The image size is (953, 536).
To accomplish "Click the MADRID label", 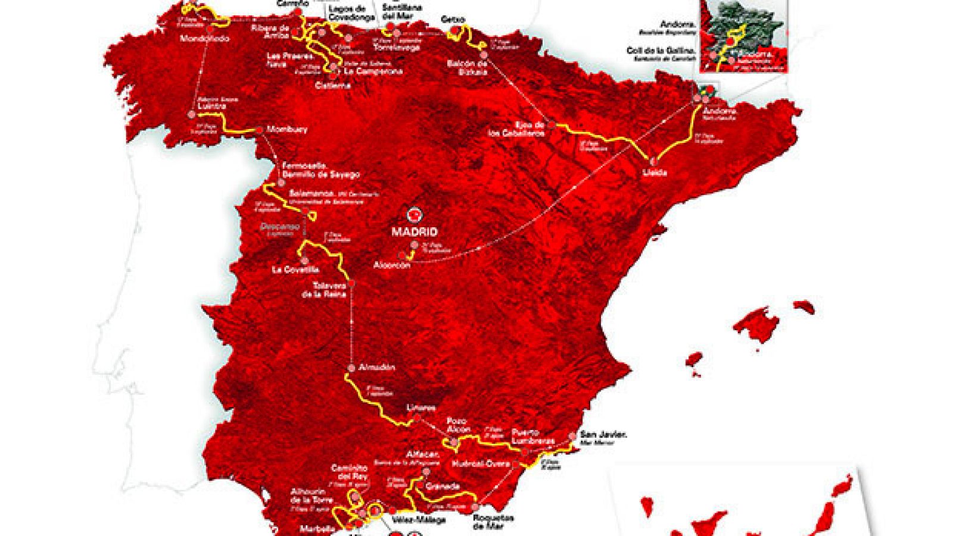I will pyautogui.click(x=415, y=232).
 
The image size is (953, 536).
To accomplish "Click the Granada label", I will pyautogui.click(x=443, y=487).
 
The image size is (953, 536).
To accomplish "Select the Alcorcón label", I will pyautogui.click(x=392, y=266).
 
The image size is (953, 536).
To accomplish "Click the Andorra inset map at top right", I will pyautogui.click(x=745, y=36).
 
